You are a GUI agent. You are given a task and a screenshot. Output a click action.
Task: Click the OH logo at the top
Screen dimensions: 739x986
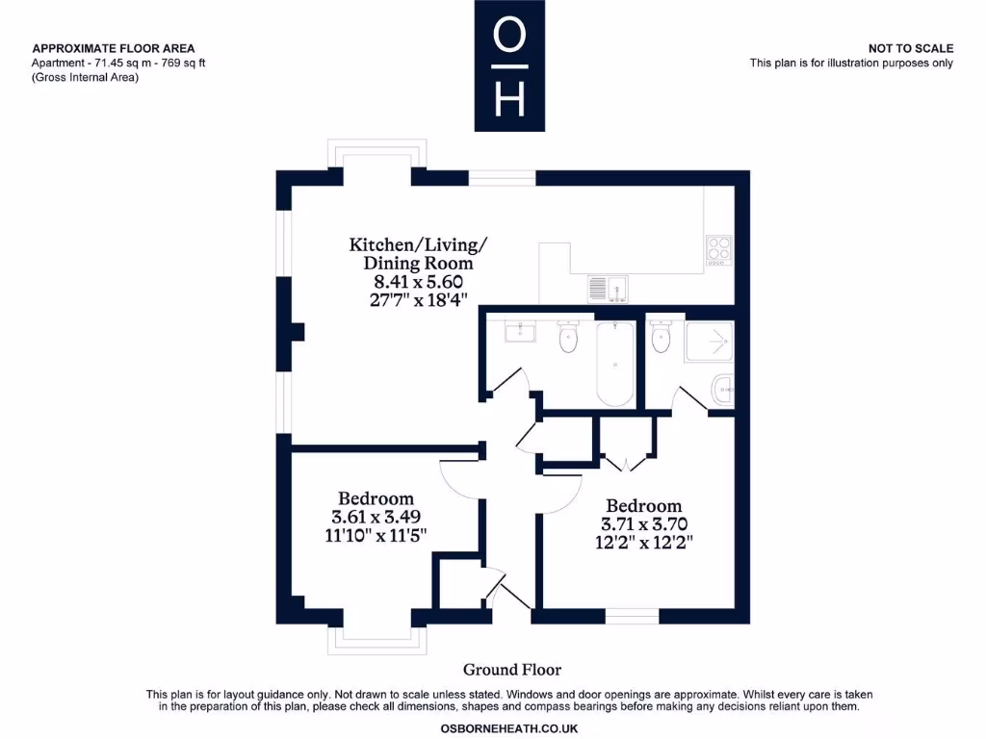(x=508, y=65)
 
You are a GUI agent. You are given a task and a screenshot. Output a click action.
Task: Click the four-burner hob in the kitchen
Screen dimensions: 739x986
(x=718, y=250)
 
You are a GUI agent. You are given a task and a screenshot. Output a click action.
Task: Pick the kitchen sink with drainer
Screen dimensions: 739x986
(x=608, y=287)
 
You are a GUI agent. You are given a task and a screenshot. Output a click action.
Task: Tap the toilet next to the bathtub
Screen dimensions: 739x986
(x=569, y=336)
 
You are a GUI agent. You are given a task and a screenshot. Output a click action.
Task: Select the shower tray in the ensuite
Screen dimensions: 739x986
(x=710, y=341)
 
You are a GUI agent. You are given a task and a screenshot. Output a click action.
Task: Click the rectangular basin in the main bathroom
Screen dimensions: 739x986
(x=520, y=332)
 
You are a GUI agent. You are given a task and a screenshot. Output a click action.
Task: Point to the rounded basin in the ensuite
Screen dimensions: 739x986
(x=723, y=390)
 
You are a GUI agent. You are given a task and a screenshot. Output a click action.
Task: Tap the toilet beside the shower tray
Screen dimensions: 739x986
(x=661, y=337)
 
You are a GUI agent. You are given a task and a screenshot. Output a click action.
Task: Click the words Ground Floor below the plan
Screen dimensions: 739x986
(x=511, y=670)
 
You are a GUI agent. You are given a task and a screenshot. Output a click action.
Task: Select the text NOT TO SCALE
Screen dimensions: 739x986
(x=910, y=48)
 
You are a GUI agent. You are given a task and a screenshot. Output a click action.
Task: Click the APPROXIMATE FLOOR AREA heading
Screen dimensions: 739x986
(x=114, y=48)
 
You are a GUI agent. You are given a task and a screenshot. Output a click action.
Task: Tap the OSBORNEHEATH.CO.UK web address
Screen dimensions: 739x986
(x=509, y=729)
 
